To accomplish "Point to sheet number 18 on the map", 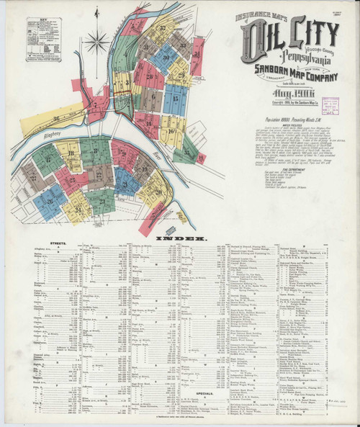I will click(71, 152).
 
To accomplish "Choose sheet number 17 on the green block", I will click(48, 160).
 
